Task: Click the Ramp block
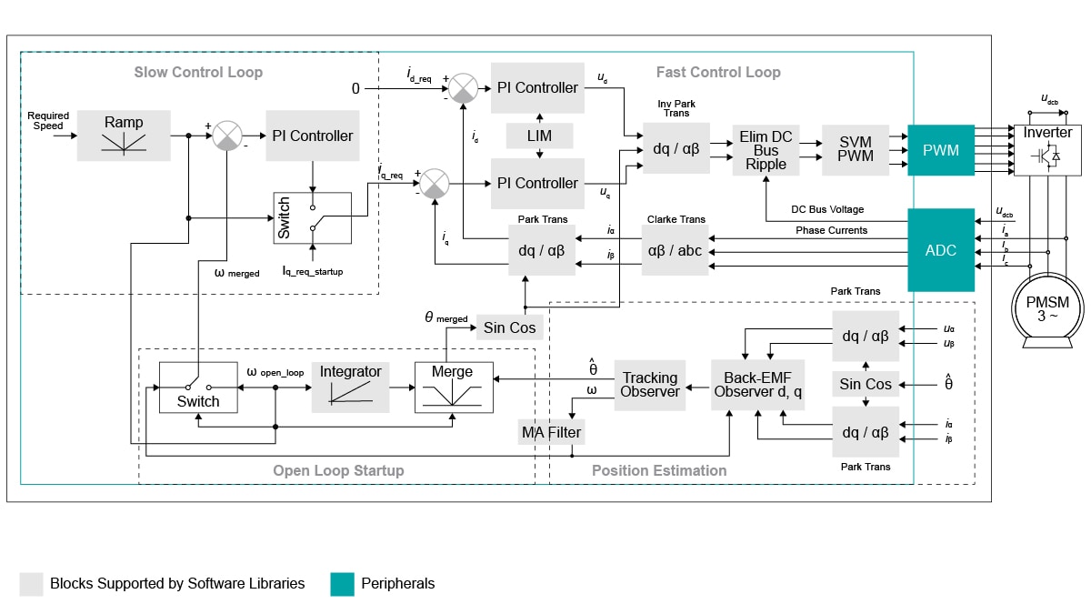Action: pyautogui.click(x=124, y=135)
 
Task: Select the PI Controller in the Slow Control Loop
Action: pyautogui.click(x=312, y=136)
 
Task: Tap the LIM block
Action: pyautogui.click(x=540, y=136)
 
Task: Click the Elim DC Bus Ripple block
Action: pyautogui.click(x=766, y=150)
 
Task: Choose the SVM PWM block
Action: pyautogui.click(x=856, y=149)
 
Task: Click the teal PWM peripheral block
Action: pyautogui.click(x=941, y=150)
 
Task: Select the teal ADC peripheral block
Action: pyautogui.click(x=941, y=250)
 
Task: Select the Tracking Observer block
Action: pyautogui.click(x=650, y=385)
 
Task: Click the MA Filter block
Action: pyautogui.click(x=551, y=432)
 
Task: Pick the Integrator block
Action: pyautogui.click(x=350, y=387)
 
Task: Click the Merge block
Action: pyautogui.click(x=453, y=387)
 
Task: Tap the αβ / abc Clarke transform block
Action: pyautogui.click(x=674, y=250)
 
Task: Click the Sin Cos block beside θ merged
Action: pyautogui.click(x=510, y=327)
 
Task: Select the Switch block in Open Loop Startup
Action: pyautogui.click(x=198, y=387)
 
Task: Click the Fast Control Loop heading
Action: pyautogui.click(x=717, y=72)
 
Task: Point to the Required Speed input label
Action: pyautogui.click(x=48, y=121)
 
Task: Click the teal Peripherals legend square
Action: pyautogui.click(x=342, y=584)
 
